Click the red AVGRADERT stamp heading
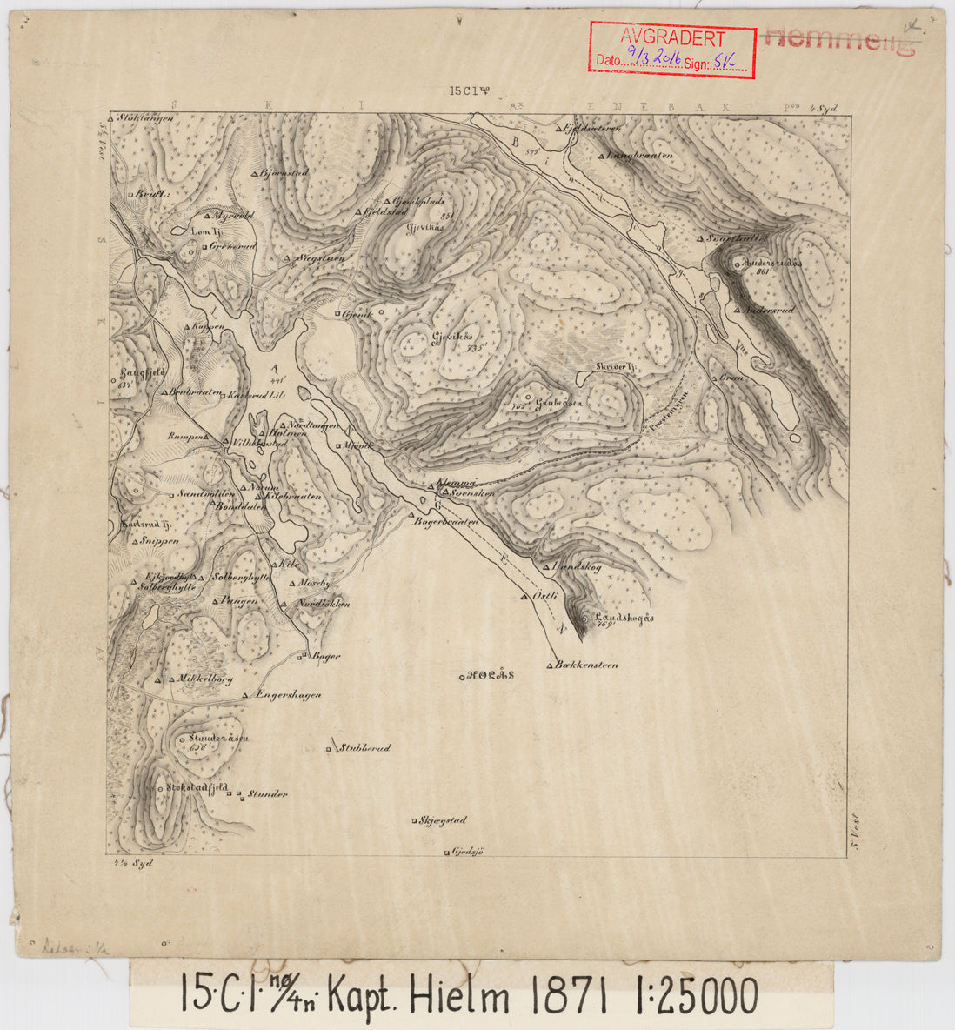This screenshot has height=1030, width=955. pyautogui.click(x=672, y=38)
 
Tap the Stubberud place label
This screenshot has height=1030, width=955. pyautogui.click(x=364, y=747)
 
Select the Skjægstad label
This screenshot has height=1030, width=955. pyautogui.click(x=443, y=820)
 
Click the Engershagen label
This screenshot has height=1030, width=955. pyautogui.click(x=290, y=695)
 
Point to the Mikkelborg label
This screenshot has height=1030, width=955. pyautogui.click(x=204, y=679)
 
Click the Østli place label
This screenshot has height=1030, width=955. pyautogui.click(x=543, y=596)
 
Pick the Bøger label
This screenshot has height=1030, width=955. pyautogui.click(x=325, y=656)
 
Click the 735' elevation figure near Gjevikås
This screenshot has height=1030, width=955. pyautogui.click(x=475, y=347)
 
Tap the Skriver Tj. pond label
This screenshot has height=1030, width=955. pyautogui.click(x=618, y=369)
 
